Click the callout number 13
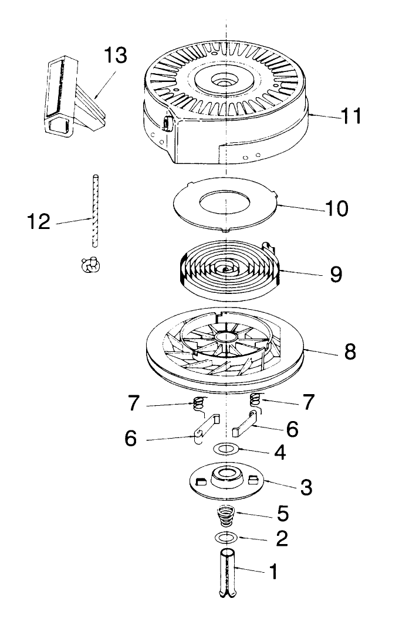pos(115,57)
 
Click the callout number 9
pos(335,274)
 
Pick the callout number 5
pos(282,514)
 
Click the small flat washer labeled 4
pos(226,449)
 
